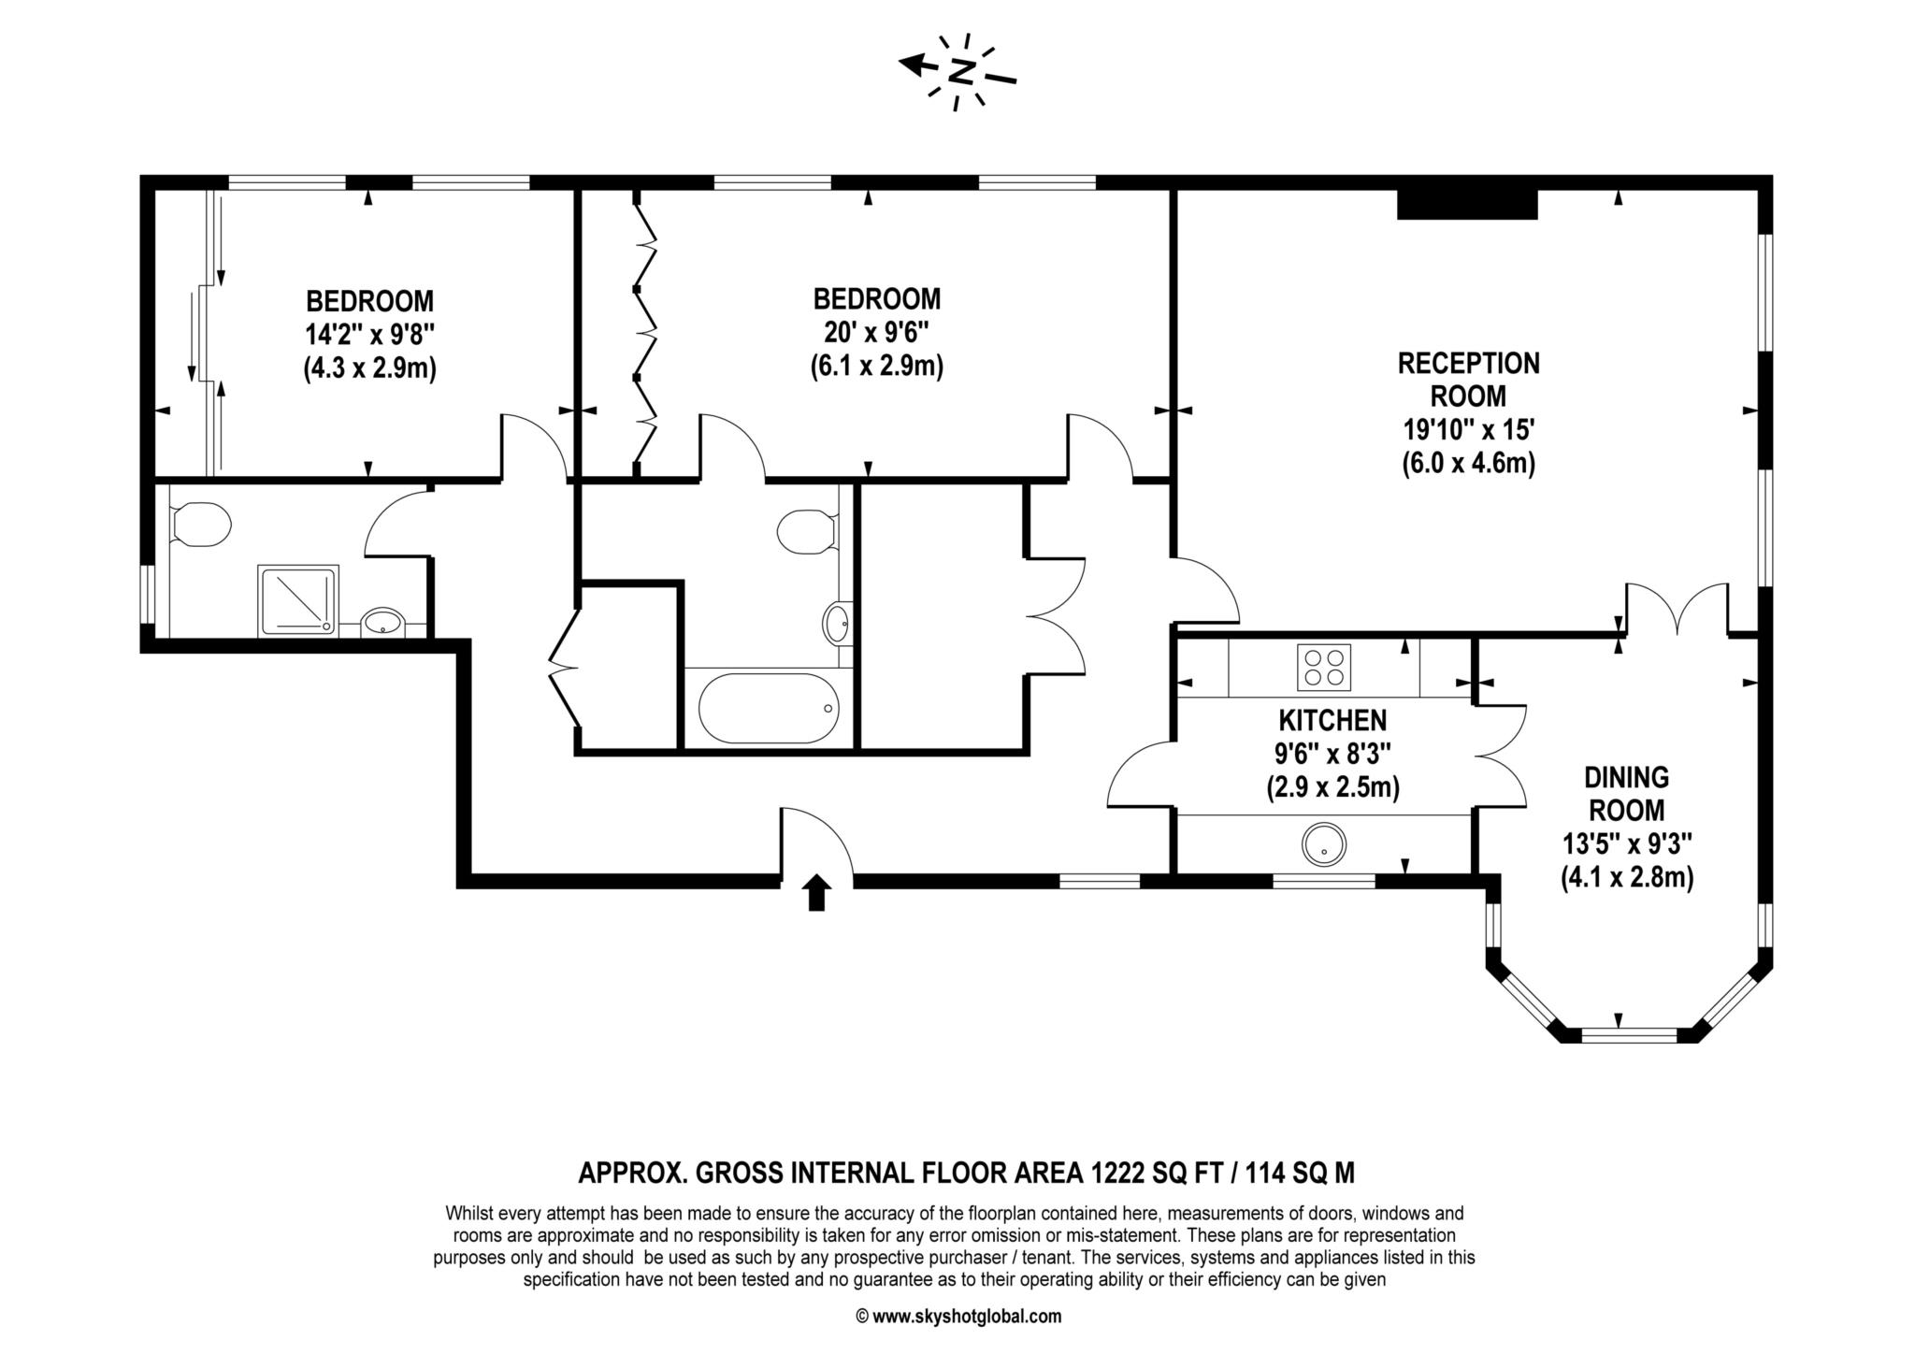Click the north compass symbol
point(958,71)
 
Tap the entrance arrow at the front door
point(817,892)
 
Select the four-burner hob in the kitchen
point(1324,667)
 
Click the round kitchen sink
point(1323,843)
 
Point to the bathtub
point(769,708)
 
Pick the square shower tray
point(298,600)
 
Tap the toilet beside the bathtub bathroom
point(807,531)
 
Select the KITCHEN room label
point(1332,720)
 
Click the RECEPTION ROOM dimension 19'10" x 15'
point(1468,429)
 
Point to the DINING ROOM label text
point(1627,793)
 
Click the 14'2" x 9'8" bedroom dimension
point(370,335)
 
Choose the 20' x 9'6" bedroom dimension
point(876,332)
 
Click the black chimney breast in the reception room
point(1467,204)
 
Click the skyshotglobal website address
point(967,1317)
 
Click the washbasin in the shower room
point(382,621)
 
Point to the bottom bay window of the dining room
point(1628,1035)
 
